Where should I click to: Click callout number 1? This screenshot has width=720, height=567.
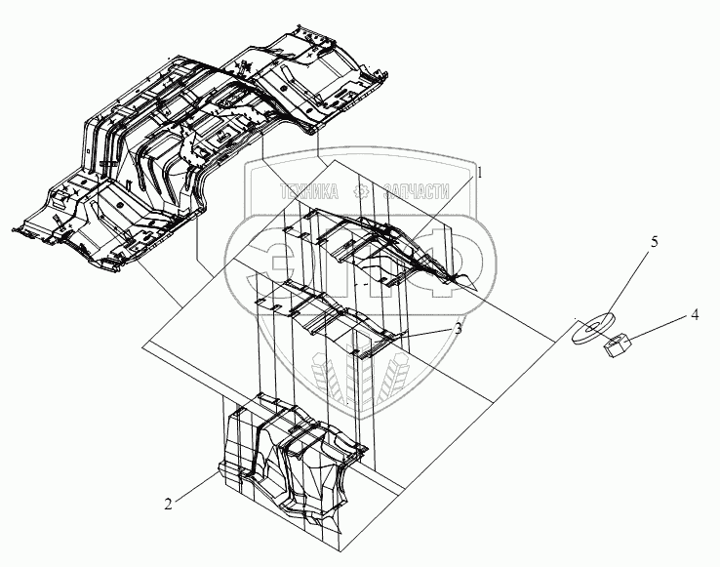tap(479, 171)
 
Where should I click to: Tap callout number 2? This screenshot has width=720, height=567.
tap(169, 504)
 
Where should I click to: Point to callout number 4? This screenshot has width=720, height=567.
tap(694, 315)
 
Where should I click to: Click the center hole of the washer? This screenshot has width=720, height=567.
tap(592, 324)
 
